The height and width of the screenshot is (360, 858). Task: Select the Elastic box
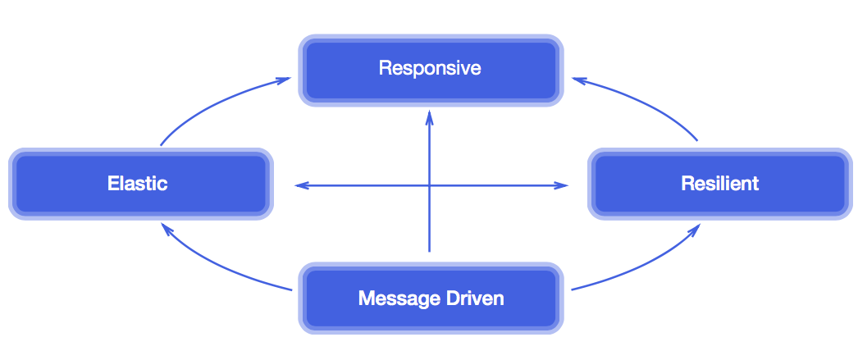[x=139, y=184]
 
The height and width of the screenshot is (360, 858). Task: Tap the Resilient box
[x=719, y=184]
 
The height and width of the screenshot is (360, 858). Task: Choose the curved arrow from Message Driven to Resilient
[x=644, y=264]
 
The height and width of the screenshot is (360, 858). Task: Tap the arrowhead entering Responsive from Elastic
[x=284, y=80]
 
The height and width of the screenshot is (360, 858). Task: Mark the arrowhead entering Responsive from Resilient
[x=578, y=80]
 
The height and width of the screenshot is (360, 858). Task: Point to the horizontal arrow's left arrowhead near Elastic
[x=300, y=185]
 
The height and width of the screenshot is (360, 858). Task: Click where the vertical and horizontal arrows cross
[x=429, y=185]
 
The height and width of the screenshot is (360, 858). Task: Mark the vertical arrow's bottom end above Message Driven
[x=429, y=249]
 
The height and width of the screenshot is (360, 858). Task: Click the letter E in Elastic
[x=113, y=184]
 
